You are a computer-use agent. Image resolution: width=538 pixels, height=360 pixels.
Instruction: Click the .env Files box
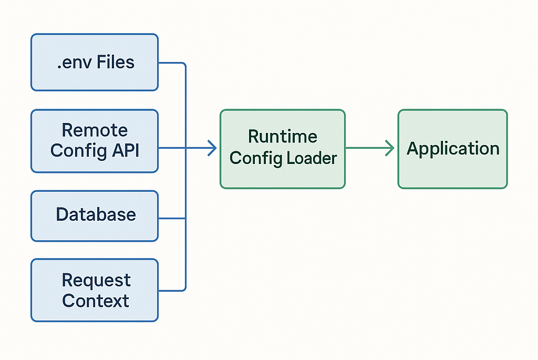(95, 62)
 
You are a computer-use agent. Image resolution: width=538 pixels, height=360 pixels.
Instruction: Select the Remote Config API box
(95, 141)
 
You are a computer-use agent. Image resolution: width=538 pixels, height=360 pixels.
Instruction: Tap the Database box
(95, 215)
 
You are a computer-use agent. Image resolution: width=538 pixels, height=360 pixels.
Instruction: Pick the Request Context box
(95, 290)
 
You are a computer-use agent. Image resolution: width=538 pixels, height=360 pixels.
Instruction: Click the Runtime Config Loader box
(283, 149)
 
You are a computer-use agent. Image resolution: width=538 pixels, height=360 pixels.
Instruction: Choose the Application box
(452, 149)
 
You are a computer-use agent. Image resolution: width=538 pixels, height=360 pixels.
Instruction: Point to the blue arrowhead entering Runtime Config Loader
(213, 148)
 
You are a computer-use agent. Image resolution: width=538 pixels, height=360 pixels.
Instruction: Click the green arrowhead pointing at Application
(390, 148)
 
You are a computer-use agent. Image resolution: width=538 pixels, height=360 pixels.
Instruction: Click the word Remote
(95, 130)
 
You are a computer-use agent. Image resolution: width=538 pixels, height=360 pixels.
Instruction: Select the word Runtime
(283, 137)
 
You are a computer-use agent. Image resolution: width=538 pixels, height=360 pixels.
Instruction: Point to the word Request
(96, 280)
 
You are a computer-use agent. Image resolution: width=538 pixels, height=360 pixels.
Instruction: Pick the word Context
(96, 301)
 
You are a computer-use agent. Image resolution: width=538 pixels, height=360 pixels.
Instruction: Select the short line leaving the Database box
(171, 218)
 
